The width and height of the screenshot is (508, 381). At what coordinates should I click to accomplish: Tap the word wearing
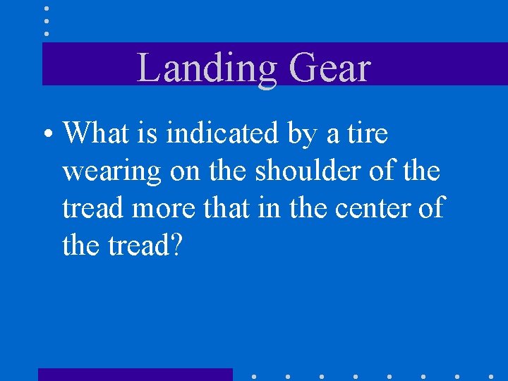point(111,171)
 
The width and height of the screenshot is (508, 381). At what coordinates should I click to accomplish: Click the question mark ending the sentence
point(176,246)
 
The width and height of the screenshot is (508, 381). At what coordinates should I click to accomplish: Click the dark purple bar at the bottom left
point(135,375)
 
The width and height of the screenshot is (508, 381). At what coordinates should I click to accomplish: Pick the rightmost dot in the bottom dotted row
point(491,375)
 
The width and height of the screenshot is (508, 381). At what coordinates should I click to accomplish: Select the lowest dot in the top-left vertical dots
point(47,33)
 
